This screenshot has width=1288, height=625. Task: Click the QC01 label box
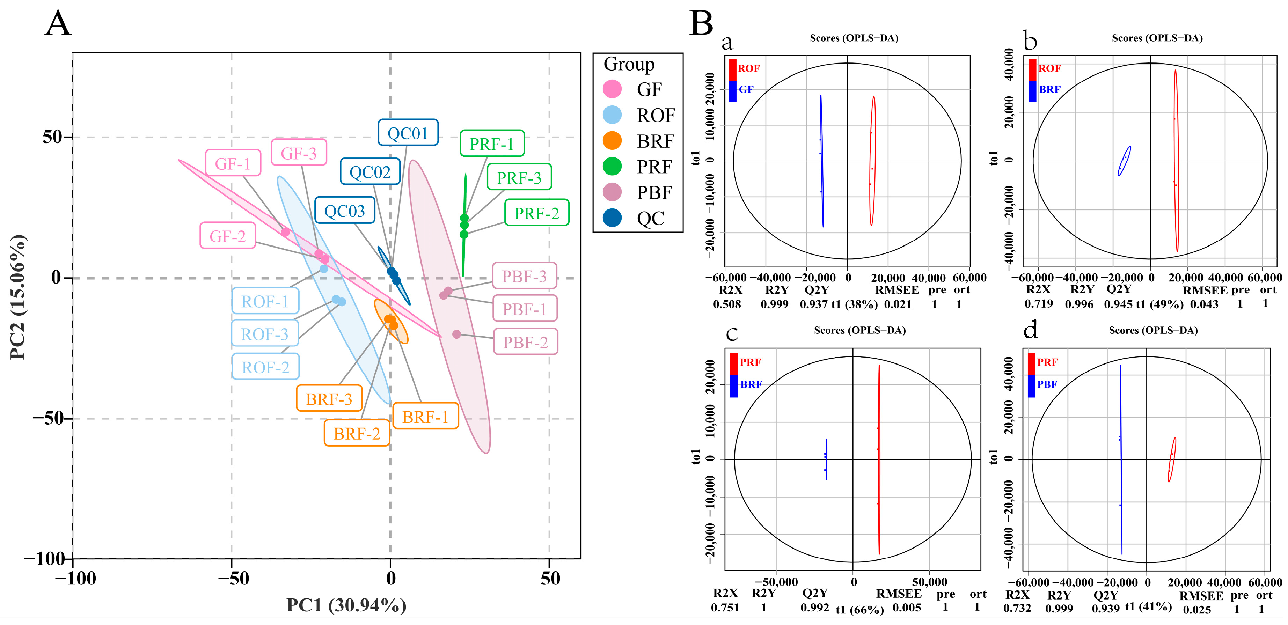408,132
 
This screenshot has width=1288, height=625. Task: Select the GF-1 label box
233,163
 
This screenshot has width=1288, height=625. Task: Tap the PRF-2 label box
536,213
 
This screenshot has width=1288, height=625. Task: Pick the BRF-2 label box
357,433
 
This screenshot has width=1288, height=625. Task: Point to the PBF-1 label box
525,309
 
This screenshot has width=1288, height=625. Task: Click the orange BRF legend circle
612,141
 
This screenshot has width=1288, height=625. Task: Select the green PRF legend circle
612,167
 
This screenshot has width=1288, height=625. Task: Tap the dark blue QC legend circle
612,218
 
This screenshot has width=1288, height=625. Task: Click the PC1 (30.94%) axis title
346,605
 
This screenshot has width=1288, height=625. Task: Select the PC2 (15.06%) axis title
18,296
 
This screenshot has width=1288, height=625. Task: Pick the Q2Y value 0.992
814,608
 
